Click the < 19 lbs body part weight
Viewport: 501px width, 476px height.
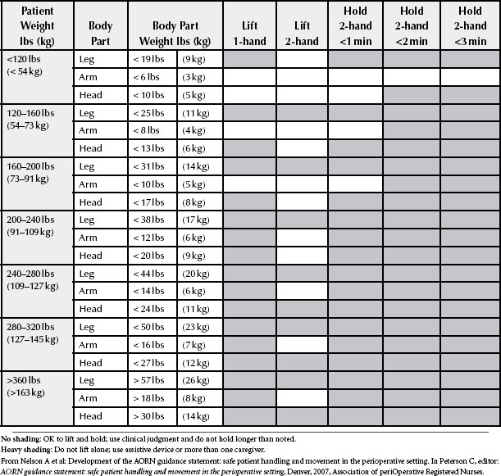148,61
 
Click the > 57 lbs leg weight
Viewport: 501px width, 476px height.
148,380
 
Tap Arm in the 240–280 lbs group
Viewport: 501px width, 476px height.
88,292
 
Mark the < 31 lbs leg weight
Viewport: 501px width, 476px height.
148,167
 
